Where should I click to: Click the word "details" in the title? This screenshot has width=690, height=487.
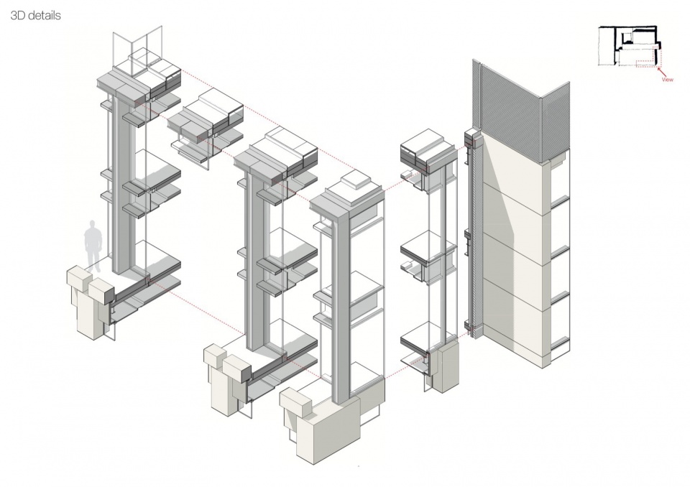coord(42,15)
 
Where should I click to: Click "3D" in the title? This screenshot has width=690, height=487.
coord(17,15)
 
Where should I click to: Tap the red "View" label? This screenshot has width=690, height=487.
coord(667,80)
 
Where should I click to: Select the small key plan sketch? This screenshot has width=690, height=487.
coord(630,46)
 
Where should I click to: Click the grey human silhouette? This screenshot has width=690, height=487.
coord(93,245)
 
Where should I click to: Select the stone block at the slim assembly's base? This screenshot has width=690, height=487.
coord(443,366)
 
